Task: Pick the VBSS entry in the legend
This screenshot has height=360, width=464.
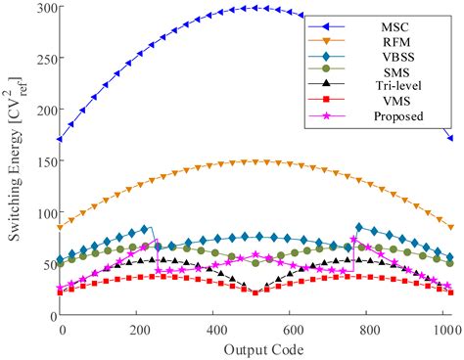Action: [397, 62]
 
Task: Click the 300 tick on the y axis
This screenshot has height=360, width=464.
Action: [42, 9]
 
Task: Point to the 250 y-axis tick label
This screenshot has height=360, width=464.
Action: [42, 60]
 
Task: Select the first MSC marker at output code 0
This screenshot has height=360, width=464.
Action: [61, 139]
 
